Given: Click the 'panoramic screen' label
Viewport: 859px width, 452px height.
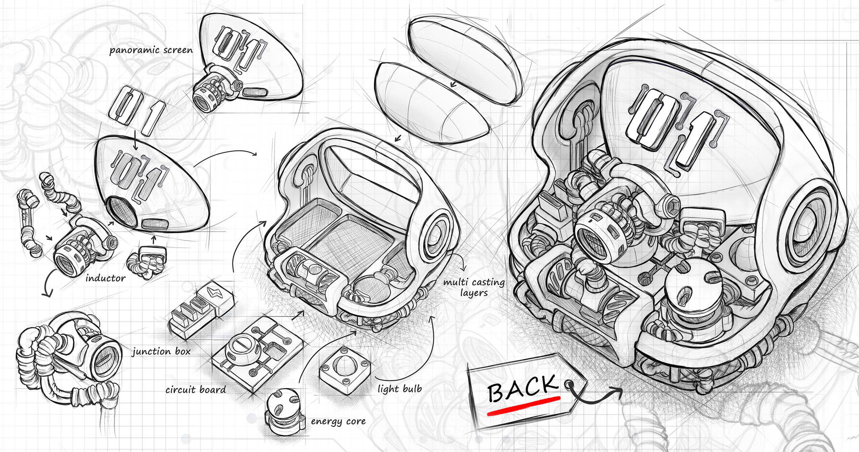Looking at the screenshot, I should tap(151, 50).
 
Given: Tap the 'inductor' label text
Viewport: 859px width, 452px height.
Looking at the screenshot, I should tap(105, 278).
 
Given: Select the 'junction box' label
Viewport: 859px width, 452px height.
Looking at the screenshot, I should tap(161, 352).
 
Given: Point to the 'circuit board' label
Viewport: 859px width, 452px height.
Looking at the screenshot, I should tap(195, 390).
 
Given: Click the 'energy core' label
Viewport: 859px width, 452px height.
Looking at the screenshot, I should tap(338, 421).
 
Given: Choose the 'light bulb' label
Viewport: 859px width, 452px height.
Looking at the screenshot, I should tap(399, 389).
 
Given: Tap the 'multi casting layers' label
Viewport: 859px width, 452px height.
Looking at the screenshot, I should tap(474, 287).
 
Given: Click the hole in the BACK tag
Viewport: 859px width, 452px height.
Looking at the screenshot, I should tap(569, 383).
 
